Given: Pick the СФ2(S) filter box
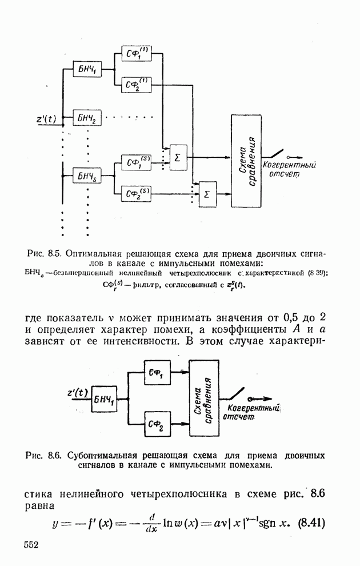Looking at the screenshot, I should (137, 194).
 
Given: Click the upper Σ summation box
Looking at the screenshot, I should (178, 157).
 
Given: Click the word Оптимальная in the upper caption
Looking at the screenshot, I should (93, 252).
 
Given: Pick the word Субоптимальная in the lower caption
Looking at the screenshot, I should (103, 456).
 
